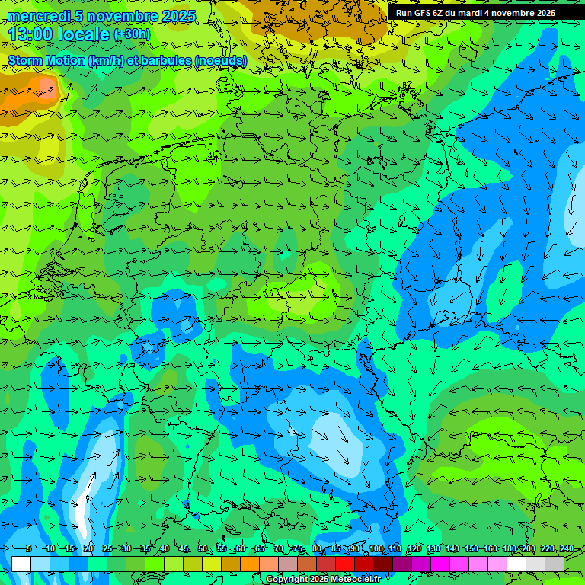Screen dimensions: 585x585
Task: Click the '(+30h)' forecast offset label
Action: click(132, 34)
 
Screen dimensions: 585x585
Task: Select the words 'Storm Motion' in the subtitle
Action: click(46, 61)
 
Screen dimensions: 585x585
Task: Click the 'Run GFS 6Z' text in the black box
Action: click(421, 13)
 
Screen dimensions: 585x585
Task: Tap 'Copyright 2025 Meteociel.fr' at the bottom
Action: click(323, 580)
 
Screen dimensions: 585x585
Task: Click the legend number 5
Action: click(29, 548)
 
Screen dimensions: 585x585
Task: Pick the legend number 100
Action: click(376, 548)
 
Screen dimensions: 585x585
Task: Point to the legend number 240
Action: click(566, 548)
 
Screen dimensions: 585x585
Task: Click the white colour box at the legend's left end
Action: click(21, 564)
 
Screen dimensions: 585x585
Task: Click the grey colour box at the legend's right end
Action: click(555, 564)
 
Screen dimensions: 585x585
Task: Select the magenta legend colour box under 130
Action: click(440, 564)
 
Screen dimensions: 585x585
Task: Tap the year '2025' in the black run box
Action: click(541, 13)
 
